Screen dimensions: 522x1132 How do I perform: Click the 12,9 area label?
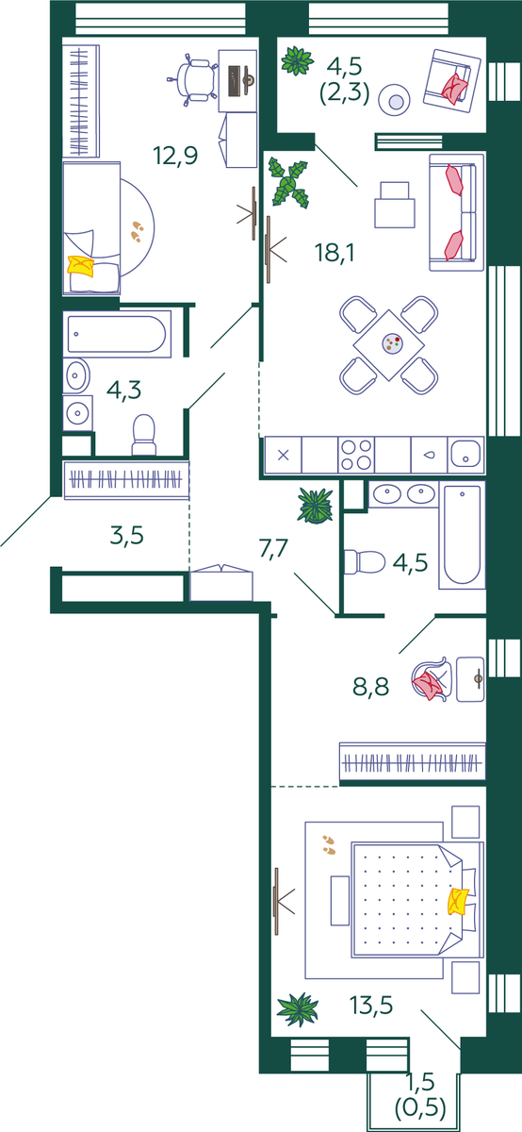pyautogui.click(x=175, y=156)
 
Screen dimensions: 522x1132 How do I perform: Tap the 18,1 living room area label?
pyautogui.click(x=334, y=252)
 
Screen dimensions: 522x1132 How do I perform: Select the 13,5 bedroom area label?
pyautogui.click(x=371, y=1006)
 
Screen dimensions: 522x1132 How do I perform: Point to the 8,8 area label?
pyautogui.click(x=371, y=687)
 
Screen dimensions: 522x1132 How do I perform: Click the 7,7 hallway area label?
pyautogui.click(x=273, y=549)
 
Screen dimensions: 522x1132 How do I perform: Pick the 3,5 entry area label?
pyautogui.click(x=126, y=535)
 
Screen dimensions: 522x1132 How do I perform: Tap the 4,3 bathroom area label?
pyautogui.click(x=123, y=391)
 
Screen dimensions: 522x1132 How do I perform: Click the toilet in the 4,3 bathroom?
pyautogui.click(x=144, y=435)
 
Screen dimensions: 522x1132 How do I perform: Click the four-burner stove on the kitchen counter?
pyautogui.click(x=356, y=455)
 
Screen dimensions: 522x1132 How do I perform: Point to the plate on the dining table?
pyautogui.click(x=392, y=343)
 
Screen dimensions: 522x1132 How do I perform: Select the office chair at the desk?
pyautogui.click(x=192, y=79)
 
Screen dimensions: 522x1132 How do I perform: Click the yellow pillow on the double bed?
pyautogui.click(x=457, y=901)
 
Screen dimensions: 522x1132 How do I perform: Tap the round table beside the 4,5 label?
pyautogui.click(x=394, y=100)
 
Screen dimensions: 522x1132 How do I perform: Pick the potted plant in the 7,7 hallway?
pyautogui.click(x=316, y=506)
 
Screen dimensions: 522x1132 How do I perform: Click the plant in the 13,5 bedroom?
pyautogui.click(x=298, y=1009)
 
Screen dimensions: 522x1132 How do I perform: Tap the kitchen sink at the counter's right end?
pyautogui.click(x=466, y=455)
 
